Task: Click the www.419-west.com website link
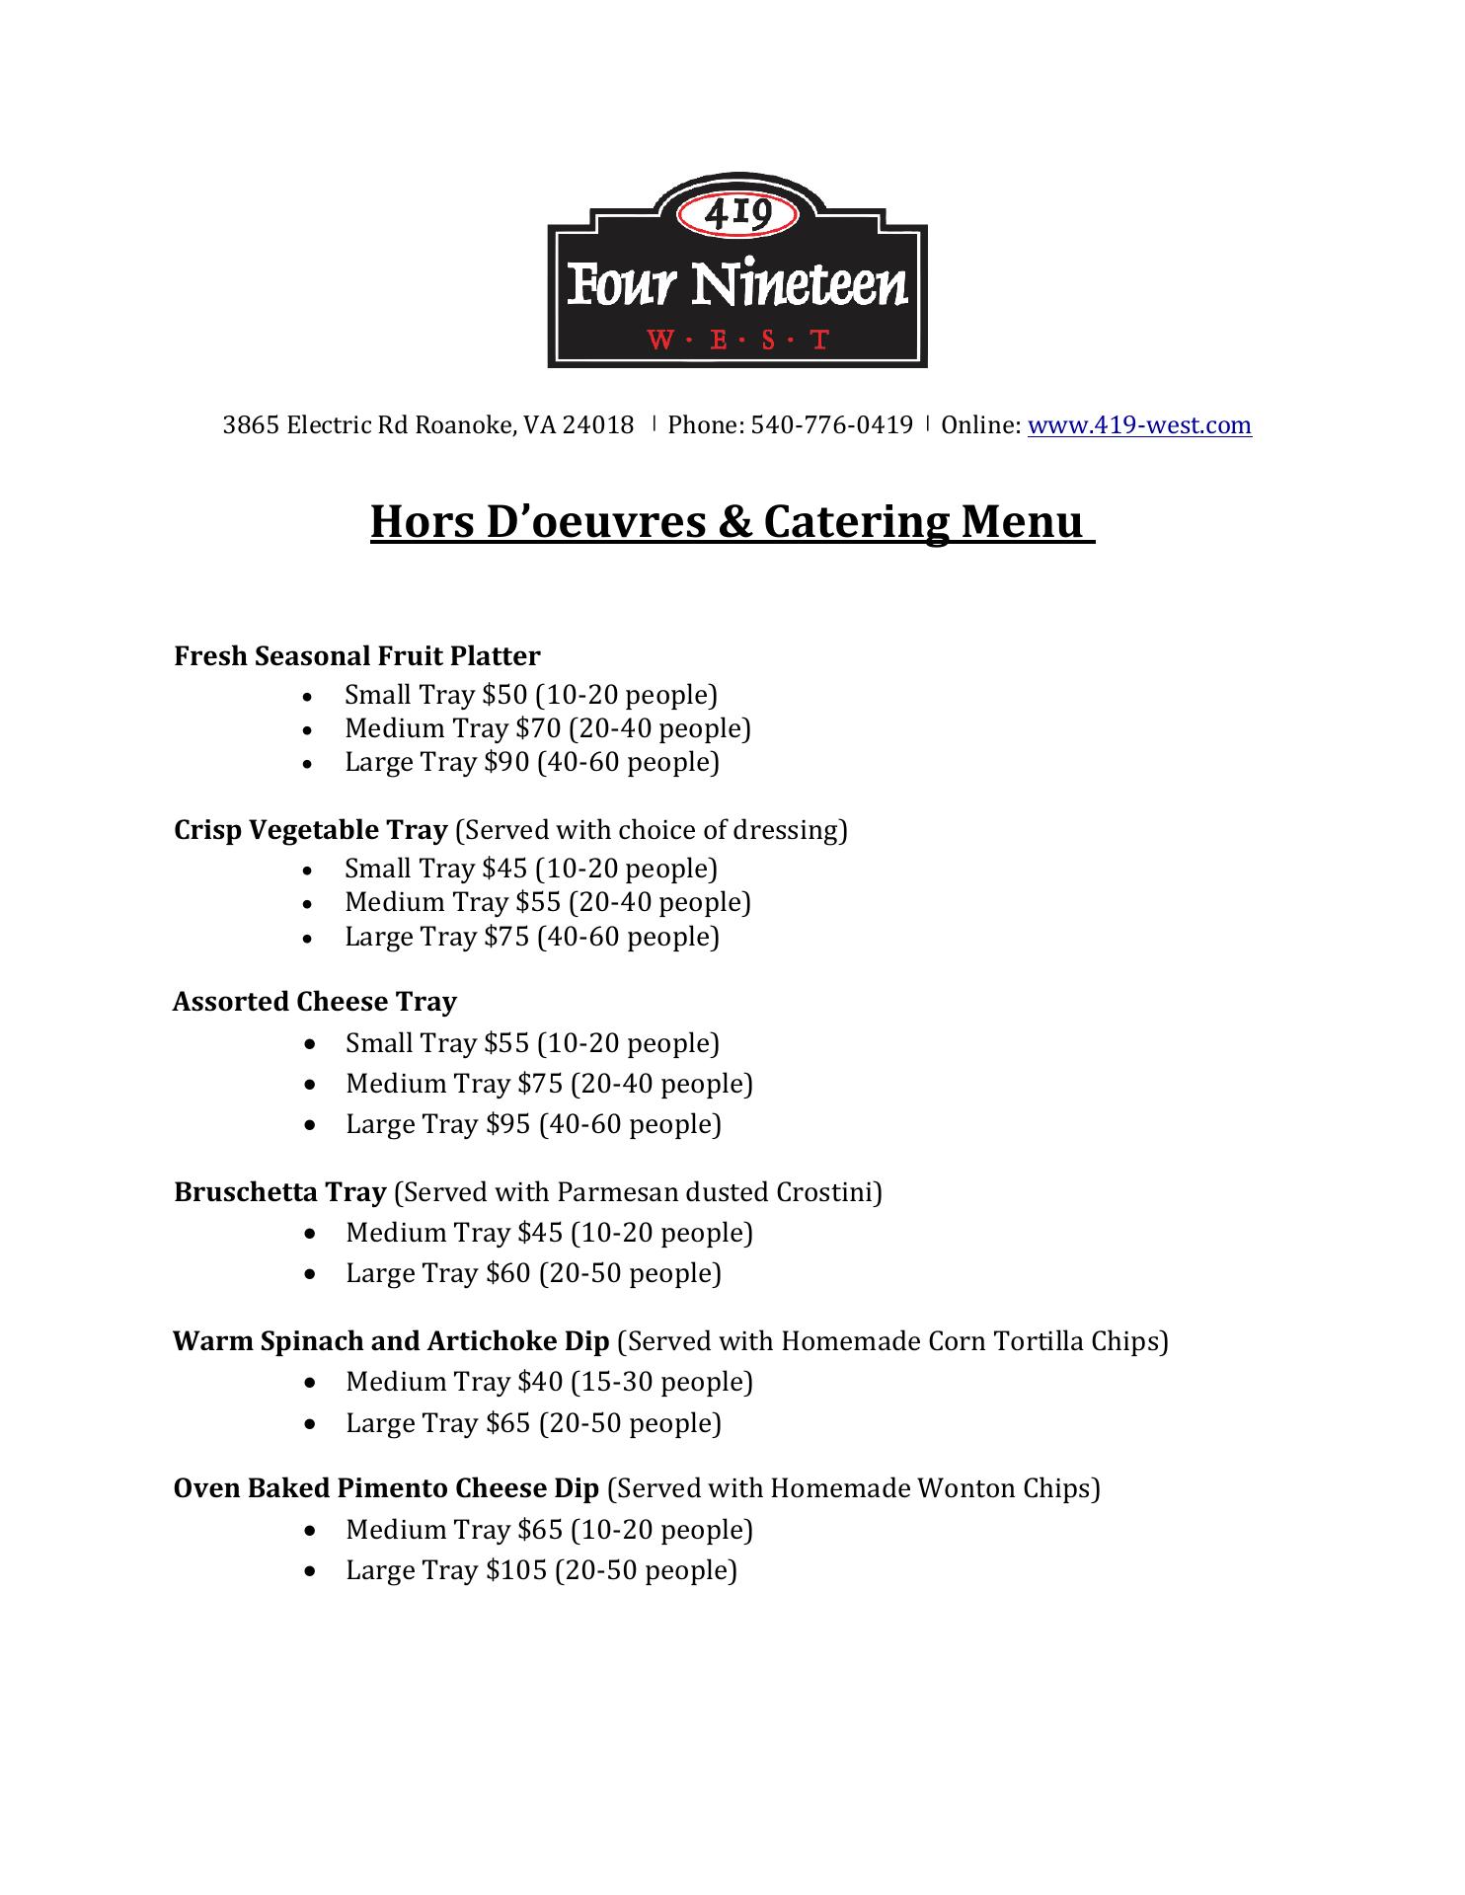pos(1139,425)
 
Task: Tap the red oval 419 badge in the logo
pos(737,213)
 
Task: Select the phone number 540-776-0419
pos(831,425)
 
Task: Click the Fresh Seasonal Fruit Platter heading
pos(357,656)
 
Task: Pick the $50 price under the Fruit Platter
pos(505,695)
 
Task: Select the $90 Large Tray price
pos(507,762)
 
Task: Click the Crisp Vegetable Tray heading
pos(311,830)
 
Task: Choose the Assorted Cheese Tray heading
pos(315,1002)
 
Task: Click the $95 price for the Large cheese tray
pos(508,1124)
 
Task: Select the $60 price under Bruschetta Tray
pos(508,1273)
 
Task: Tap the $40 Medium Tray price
pos(540,1382)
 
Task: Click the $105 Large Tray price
pos(516,1570)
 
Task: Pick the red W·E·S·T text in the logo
pos(737,341)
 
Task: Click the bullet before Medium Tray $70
pos(310,729)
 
